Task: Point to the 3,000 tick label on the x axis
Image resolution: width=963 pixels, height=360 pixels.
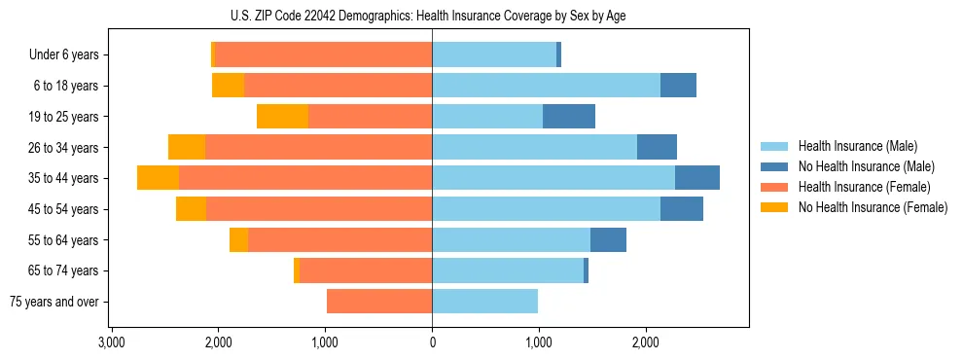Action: point(111,342)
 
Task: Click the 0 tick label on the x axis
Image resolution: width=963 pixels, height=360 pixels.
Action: point(432,342)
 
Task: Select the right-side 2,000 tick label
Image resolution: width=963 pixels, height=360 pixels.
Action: point(646,342)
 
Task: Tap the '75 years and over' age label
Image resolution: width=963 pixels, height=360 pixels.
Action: point(53,302)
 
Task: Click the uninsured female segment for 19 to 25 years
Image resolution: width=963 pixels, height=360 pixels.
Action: point(282,117)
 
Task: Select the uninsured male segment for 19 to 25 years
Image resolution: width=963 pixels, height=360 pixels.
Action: point(569,117)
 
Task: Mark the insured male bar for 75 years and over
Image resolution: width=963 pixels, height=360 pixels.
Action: point(484,302)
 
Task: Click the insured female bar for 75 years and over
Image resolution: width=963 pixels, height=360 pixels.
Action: point(379,302)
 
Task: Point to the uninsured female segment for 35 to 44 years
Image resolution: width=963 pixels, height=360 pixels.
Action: point(158,178)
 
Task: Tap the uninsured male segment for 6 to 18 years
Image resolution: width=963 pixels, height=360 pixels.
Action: point(678,86)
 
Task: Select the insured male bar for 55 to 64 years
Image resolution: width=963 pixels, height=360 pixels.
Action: point(511,240)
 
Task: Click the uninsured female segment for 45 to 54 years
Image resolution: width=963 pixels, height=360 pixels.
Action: point(191,209)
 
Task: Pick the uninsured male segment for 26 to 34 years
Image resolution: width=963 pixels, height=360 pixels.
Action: point(657,147)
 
